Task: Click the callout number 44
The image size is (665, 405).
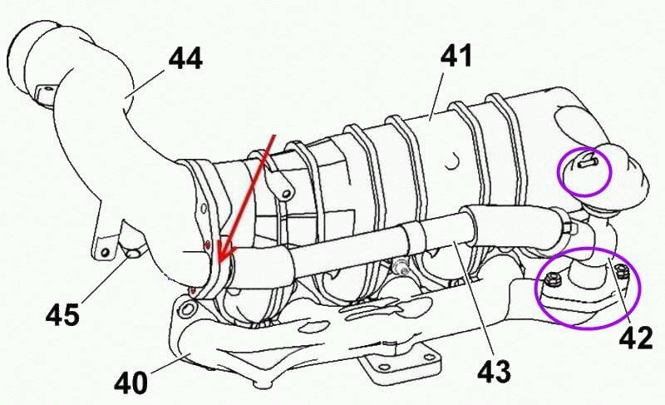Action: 185,58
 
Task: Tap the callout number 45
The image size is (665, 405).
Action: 63,314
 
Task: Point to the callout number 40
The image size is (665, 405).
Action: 131,383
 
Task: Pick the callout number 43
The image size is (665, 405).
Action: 494,372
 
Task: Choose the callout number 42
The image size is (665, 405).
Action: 636,338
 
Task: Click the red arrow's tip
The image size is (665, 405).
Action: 219,259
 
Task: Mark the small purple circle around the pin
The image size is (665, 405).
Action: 584,171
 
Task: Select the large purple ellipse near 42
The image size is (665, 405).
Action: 588,289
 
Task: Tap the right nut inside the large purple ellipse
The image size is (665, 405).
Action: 620,270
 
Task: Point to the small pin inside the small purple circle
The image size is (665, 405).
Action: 588,161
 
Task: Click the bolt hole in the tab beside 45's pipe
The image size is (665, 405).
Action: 105,252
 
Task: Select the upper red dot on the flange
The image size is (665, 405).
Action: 207,244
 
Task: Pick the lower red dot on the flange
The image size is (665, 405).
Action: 193,290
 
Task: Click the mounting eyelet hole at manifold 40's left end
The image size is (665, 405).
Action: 186,309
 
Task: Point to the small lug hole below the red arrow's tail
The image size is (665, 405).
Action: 287,195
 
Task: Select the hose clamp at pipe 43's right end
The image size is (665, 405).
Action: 569,225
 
